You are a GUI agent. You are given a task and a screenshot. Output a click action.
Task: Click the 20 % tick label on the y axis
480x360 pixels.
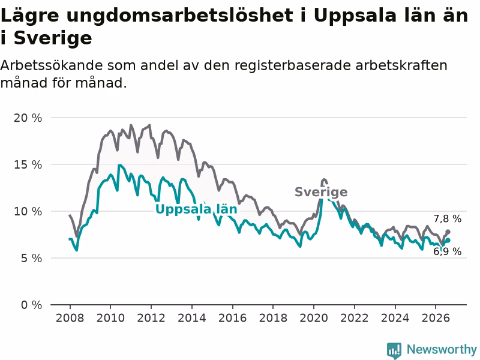(28, 118)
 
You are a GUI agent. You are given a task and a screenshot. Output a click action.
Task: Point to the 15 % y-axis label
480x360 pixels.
(28, 164)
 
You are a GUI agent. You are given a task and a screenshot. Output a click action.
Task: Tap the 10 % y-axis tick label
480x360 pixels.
(28, 212)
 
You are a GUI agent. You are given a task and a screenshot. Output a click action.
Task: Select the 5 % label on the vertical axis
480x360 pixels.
(32, 259)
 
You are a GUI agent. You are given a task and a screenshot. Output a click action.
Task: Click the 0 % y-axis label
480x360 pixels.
(32, 305)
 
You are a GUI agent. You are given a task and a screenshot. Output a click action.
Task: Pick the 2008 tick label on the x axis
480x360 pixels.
(70, 318)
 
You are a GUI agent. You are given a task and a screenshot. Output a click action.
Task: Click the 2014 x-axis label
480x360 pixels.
(192, 318)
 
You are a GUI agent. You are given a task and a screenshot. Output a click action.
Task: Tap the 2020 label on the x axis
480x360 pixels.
(314, 318)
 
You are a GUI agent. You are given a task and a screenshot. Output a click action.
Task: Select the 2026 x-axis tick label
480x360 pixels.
(436, 318)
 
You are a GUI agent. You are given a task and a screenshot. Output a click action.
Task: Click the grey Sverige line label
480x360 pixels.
(321, 192)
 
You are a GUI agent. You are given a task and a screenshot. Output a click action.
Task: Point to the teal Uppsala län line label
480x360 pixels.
(196, 209)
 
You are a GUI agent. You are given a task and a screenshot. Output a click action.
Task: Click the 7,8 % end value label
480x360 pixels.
(447, 218)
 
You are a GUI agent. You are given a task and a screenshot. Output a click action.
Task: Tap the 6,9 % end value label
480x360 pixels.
(447, 251)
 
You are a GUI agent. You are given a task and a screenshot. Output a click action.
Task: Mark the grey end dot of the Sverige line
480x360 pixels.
(448, 232)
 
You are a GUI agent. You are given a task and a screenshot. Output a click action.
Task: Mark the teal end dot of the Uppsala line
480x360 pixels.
(448, 241)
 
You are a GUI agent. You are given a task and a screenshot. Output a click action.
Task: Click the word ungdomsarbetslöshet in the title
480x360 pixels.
(179, 16)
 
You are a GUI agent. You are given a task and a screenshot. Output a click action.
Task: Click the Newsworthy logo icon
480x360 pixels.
(394, 350)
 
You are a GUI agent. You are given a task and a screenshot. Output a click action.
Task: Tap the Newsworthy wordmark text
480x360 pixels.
(442, 349)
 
